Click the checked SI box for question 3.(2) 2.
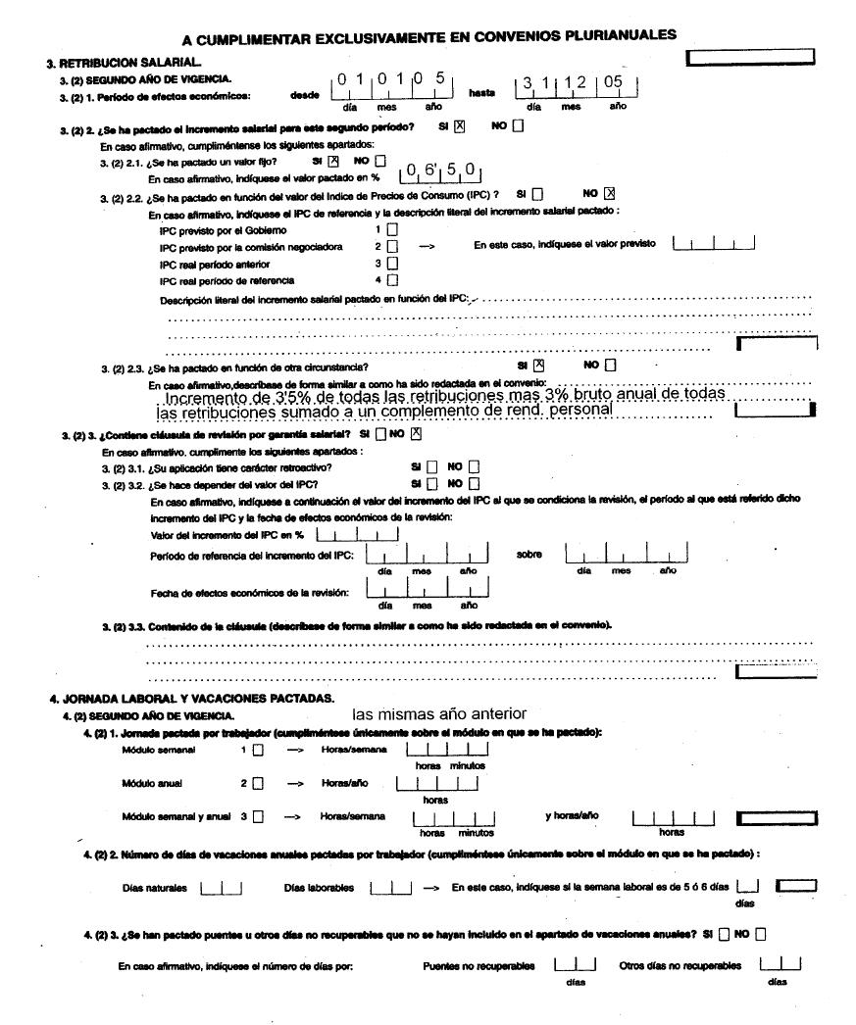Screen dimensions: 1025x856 [x=459, y=125]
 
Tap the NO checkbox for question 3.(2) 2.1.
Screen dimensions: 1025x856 [x=380, y=161]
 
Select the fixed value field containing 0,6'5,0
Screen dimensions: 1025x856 [x=440, y=173]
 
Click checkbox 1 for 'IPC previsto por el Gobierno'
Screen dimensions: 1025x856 [x=392, y=229]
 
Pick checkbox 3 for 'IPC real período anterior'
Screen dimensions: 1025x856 [x=392, y=263]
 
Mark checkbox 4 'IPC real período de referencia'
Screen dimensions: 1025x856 [x=392, y=280]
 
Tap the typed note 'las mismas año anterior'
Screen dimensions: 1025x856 [x=439, y=713]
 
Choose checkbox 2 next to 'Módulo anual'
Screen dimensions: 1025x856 [x=258, y=783]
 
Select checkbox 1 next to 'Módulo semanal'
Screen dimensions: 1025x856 [x=258, y=751]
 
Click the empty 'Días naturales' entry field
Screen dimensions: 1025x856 [x=221, y=888]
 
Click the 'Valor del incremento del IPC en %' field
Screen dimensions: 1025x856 [x=358, y=534]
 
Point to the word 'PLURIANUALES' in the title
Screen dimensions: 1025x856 [x=613, y=36]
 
